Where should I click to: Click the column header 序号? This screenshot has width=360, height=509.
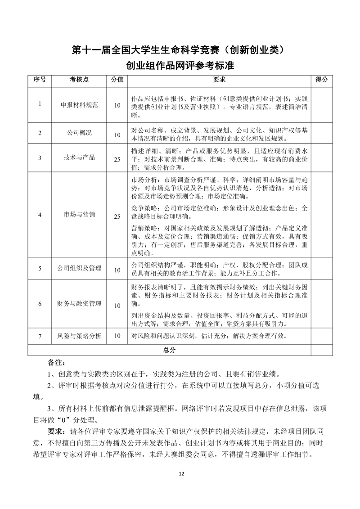click(x=40, y=80)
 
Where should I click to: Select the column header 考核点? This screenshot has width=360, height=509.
click(x=79, y=80)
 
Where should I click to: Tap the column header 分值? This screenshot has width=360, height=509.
click(x=117, y=80)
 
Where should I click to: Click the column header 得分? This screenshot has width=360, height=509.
click(x=321, y=80)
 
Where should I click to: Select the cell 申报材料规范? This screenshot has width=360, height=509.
click(x=79, y=105)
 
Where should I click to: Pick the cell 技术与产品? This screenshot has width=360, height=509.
click(x=79, y=158)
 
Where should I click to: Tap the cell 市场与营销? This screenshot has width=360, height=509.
click(x=79, y=215)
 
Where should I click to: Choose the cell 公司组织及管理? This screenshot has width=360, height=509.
click(x=79, y=268)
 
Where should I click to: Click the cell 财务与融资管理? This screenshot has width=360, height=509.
click(x=79, y=304)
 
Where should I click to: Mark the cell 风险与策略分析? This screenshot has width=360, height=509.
click(x=79, y=336)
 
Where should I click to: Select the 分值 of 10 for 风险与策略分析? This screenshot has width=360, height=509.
click(x=117, y=336)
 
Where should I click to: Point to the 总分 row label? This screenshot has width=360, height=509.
click(x=169, y=350)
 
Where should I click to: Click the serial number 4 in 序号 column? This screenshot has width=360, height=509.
click(x=40, y=215)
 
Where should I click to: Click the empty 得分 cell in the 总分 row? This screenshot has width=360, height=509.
click(x=321, y=350)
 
